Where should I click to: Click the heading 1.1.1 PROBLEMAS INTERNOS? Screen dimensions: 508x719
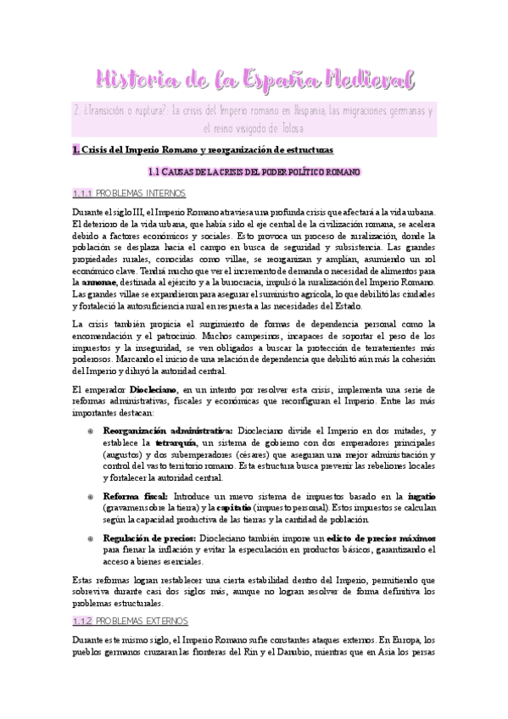tap(135, 194)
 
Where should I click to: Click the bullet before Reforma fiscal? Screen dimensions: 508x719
tap(91, 496)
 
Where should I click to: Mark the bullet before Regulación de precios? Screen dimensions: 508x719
tap(91, 538)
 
